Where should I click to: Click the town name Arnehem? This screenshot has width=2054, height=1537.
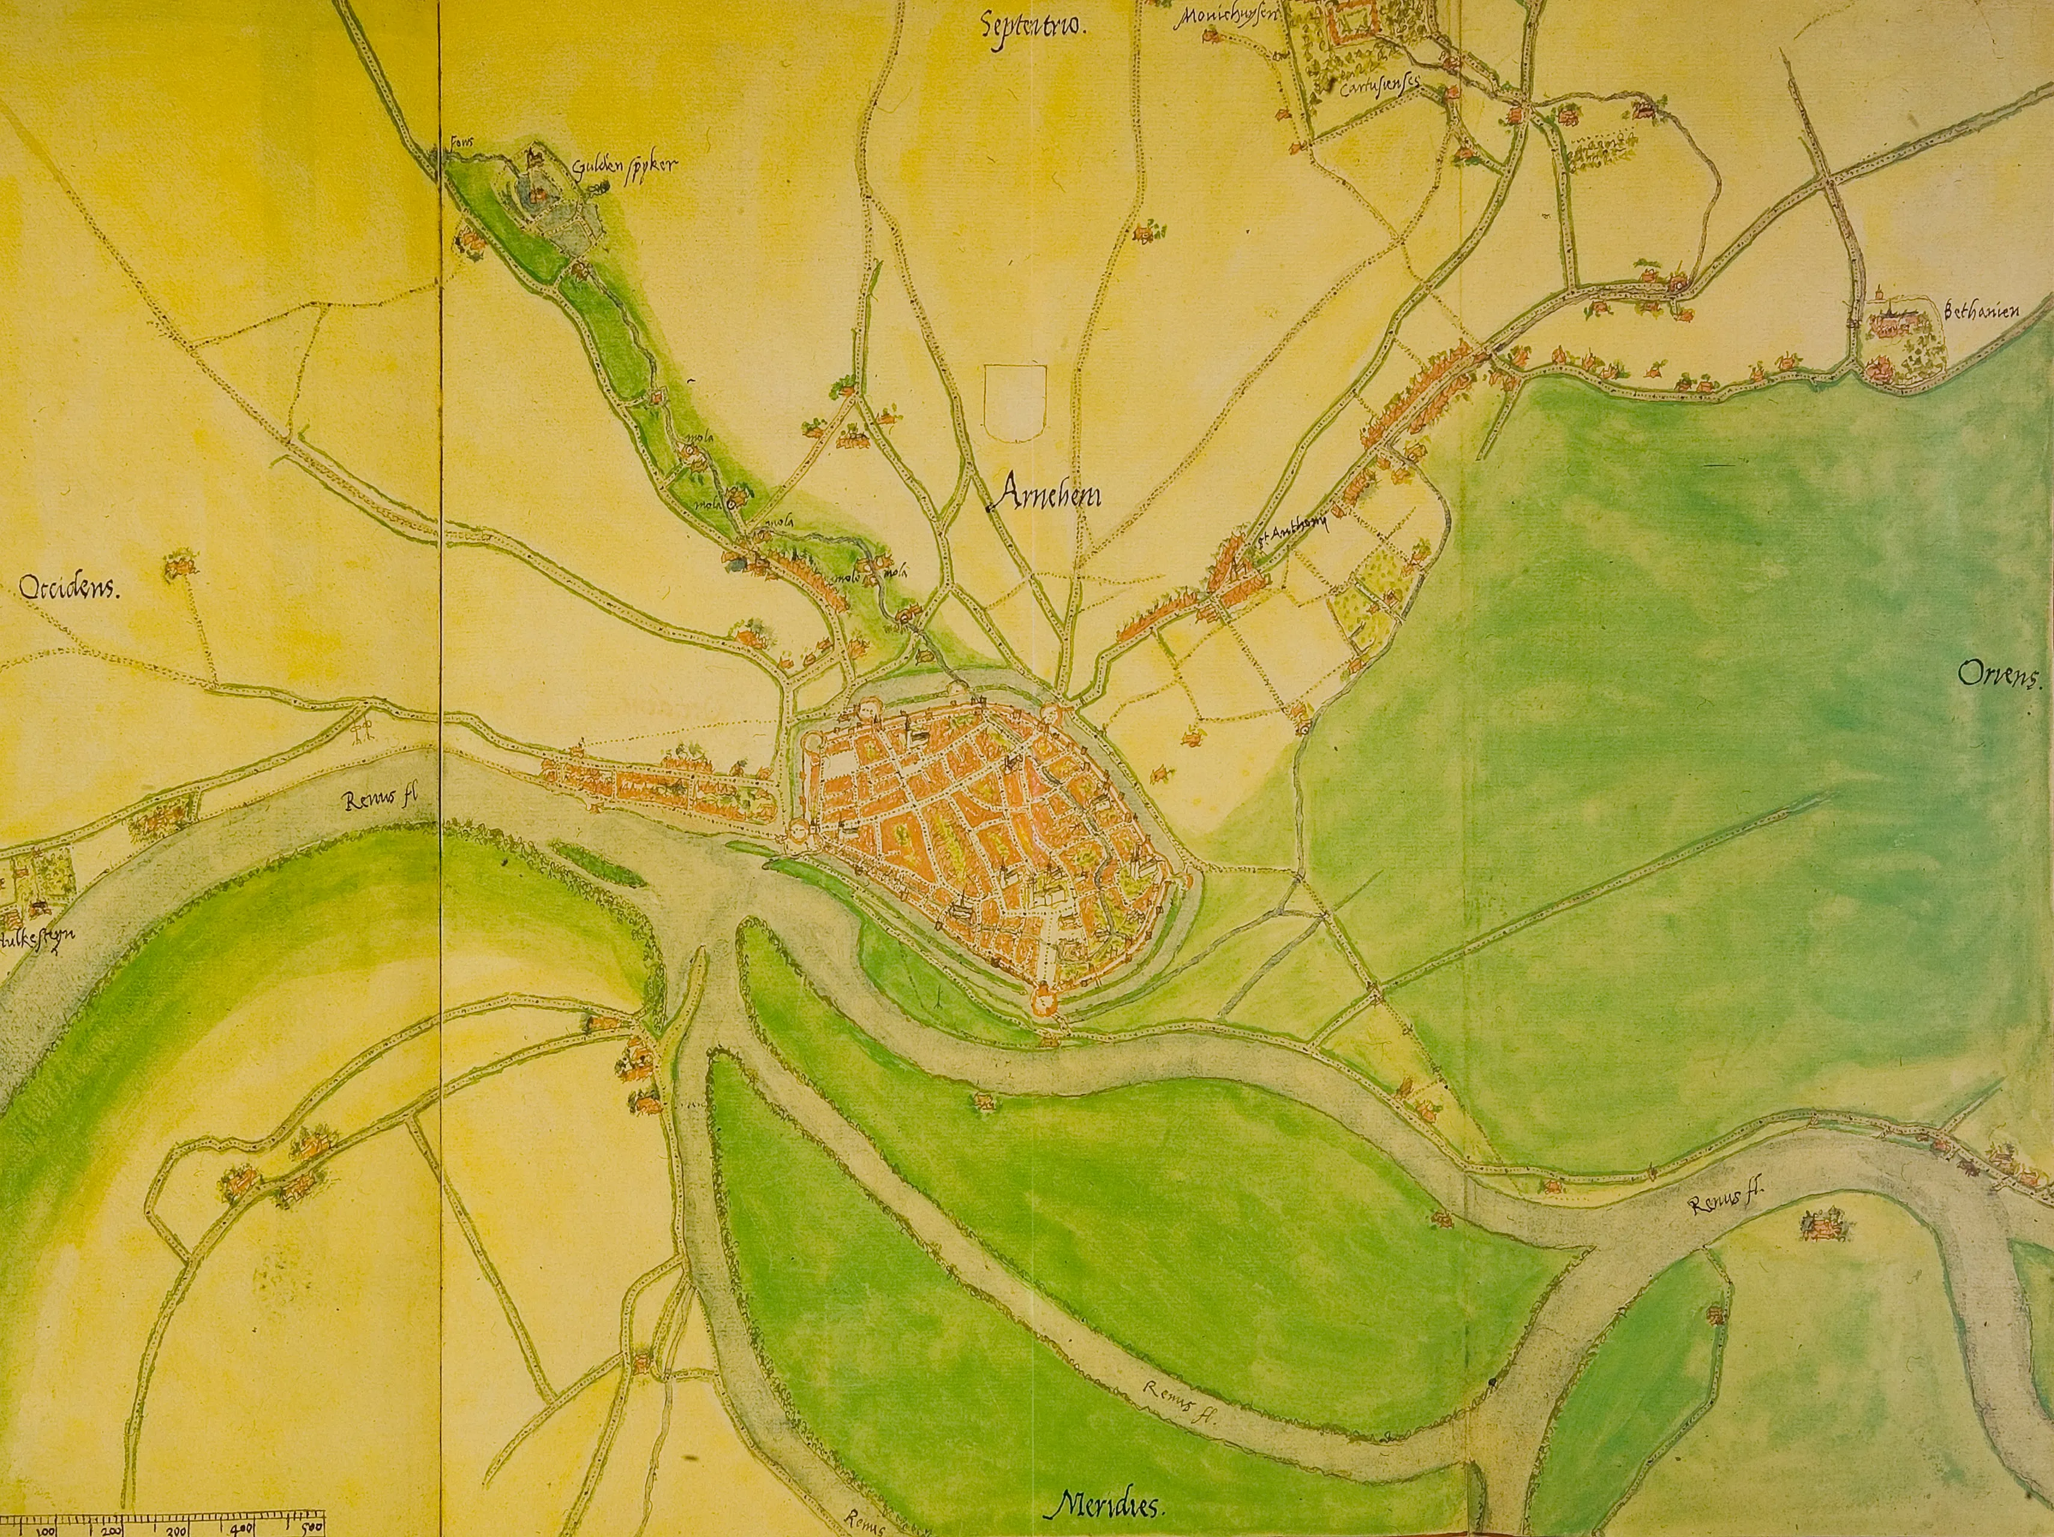[1044, 498]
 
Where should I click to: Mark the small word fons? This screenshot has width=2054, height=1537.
[458, 143]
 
